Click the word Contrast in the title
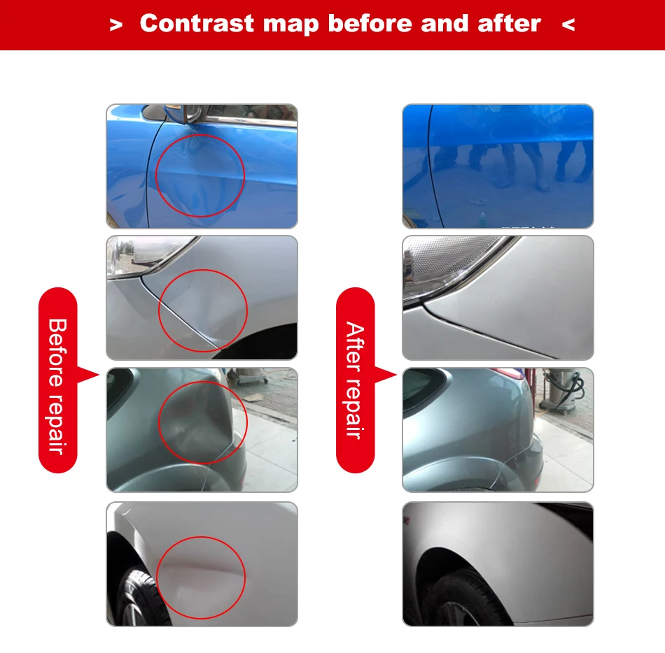pyautogui.click(x=198, y=24)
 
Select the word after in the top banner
pyautogui.click(x=509, y=24)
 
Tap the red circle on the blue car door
pyautogui.click(x=200, y=175)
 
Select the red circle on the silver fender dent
pyautogui.click(x=203, y=311)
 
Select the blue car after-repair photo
pyautogui.click(x=498, y=166)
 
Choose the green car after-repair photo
pyautogui.click(x=498, y=429)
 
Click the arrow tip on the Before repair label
pyautogui.click(x=98, y=375)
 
